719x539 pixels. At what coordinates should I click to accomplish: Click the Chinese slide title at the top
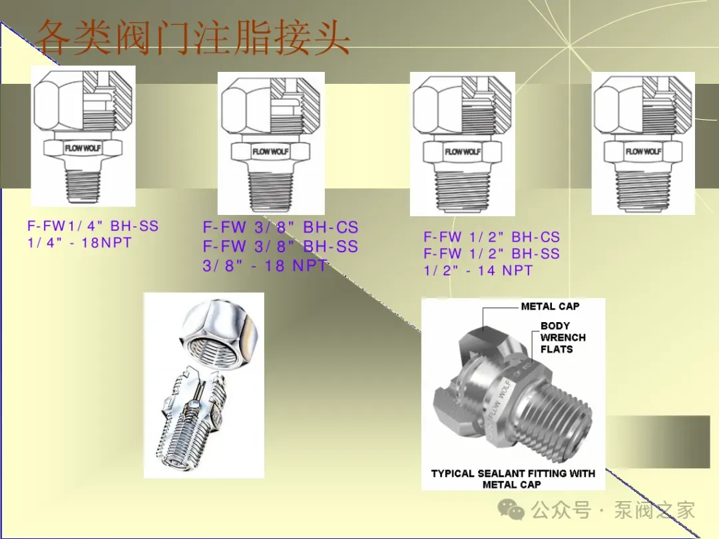192,38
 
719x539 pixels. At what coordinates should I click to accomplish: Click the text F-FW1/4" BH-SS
93,226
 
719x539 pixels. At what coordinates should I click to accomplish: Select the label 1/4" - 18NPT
80,242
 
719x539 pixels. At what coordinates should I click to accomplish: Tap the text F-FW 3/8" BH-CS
280,228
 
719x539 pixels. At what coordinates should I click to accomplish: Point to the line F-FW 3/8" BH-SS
280,247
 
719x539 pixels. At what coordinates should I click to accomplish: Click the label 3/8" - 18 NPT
265,266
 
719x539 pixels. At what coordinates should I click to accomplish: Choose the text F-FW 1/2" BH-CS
491,237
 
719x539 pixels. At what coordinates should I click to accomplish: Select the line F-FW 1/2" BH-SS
491,254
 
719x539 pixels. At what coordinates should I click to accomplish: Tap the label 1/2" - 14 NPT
478,270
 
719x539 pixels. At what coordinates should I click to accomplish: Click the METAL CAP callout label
551,306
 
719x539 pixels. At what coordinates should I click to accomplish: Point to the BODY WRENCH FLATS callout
563,337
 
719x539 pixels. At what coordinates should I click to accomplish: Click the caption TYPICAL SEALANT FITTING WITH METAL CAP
513,479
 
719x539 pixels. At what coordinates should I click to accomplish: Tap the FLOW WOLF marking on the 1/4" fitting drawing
83,148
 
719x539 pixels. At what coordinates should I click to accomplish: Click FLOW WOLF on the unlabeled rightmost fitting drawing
643,151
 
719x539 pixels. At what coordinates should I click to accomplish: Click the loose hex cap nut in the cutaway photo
219,332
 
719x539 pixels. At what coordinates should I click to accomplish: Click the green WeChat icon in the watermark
511,510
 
